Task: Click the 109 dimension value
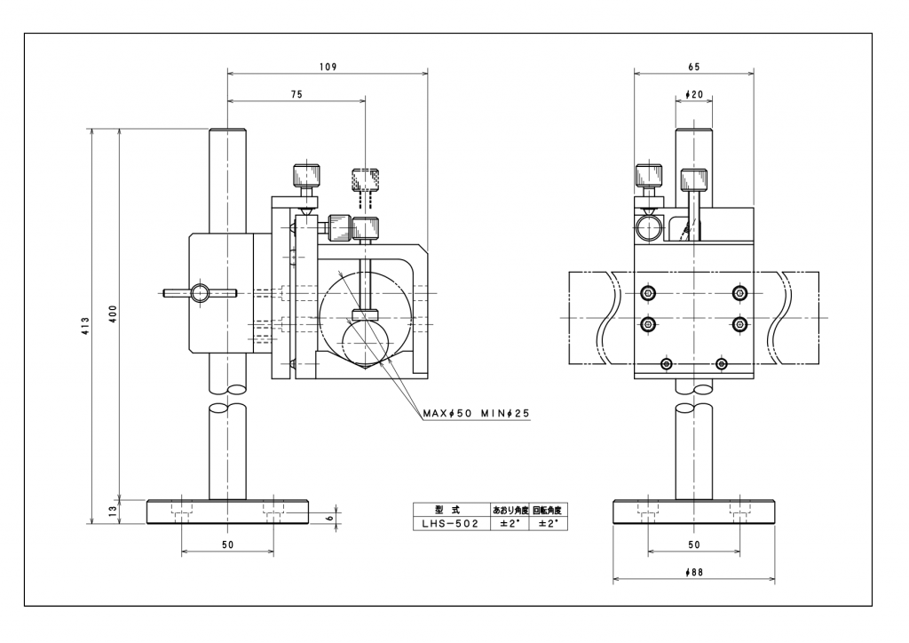328,67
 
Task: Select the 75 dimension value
296,94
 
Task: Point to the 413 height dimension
86,327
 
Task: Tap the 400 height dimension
113,314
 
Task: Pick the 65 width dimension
694,67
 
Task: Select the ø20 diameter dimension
694,94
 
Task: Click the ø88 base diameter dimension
694,572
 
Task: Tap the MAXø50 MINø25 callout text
476,413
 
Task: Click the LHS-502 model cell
450,523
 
